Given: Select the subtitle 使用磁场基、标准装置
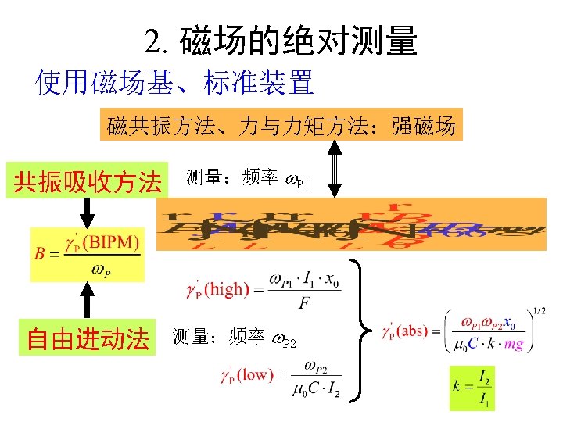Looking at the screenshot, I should pyautogui.click(x=174, y=81).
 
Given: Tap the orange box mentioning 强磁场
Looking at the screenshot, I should pyautogui.click(x=281, y=124).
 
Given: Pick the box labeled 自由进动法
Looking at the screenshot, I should pyautogui.click(x=88, y=338).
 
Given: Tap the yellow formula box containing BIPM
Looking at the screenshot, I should pyautogui.click(x=88, y=253).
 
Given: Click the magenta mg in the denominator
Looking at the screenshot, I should pyautogui.click(x=514, y=342).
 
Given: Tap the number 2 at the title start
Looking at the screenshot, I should pyautogui.click(x=152, y=41).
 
